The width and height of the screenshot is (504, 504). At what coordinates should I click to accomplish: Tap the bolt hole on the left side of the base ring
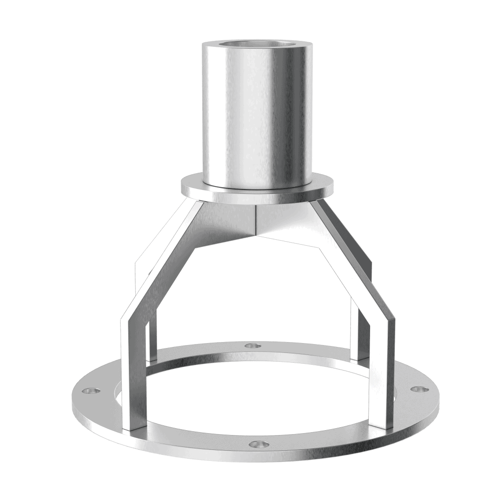tap(91, 391)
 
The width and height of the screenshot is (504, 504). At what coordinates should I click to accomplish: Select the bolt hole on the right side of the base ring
tap(418, 389)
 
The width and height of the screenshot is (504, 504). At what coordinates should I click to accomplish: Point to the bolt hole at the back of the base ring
tap(252, 346)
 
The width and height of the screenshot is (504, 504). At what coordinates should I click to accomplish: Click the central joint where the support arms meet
tap(256, 219)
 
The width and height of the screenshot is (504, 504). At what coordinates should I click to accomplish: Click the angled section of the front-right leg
tap(352, 261)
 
